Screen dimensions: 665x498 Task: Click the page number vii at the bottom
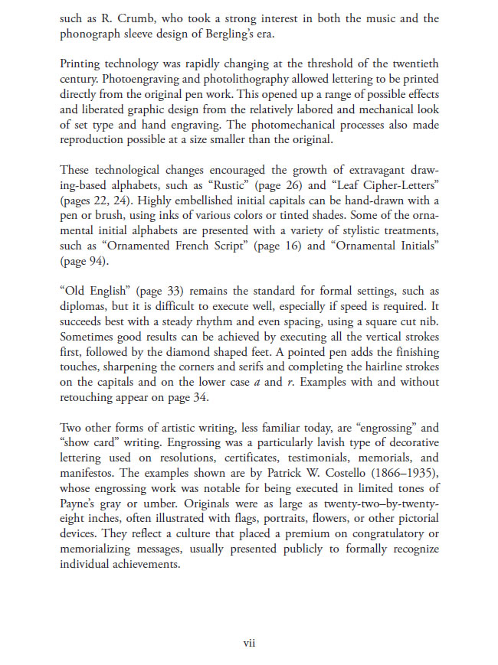point(249,644)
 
